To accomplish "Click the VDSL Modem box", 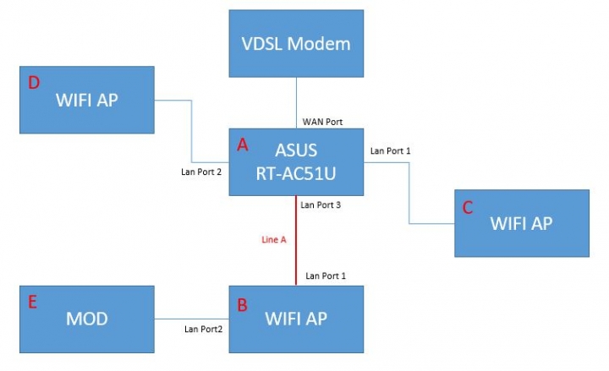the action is click(x=296, y=43).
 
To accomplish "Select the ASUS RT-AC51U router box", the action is click(x=296, y=162).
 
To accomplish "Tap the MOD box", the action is click(x=87, y=319).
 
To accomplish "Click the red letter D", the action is click(x=34, y=83).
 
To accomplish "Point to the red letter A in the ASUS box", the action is click(x=243, y=145).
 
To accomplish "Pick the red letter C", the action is click(x=468, y=208).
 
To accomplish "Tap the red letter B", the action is click(x=243, y=305).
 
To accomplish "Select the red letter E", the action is click(x=33, y=303).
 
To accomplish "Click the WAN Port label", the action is click(x=322, y=122).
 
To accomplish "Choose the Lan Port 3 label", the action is click(x=321, y=205).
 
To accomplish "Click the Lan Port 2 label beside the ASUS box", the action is click(x=201, y=172).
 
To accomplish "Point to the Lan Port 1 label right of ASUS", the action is click(x=390, y=151).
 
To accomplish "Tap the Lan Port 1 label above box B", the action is click(x=326, y=276).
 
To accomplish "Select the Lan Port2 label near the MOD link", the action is click(x=204, y=329).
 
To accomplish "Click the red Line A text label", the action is click(x=274, y=240).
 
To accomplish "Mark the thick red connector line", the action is click(x=296, y=241).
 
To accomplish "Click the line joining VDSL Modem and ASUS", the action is click(x=296, y=103).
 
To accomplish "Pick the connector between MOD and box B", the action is click(x=192, y=319).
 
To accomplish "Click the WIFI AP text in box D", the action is click(x=87, y=100).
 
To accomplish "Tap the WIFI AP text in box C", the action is click(x=521, y=224).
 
